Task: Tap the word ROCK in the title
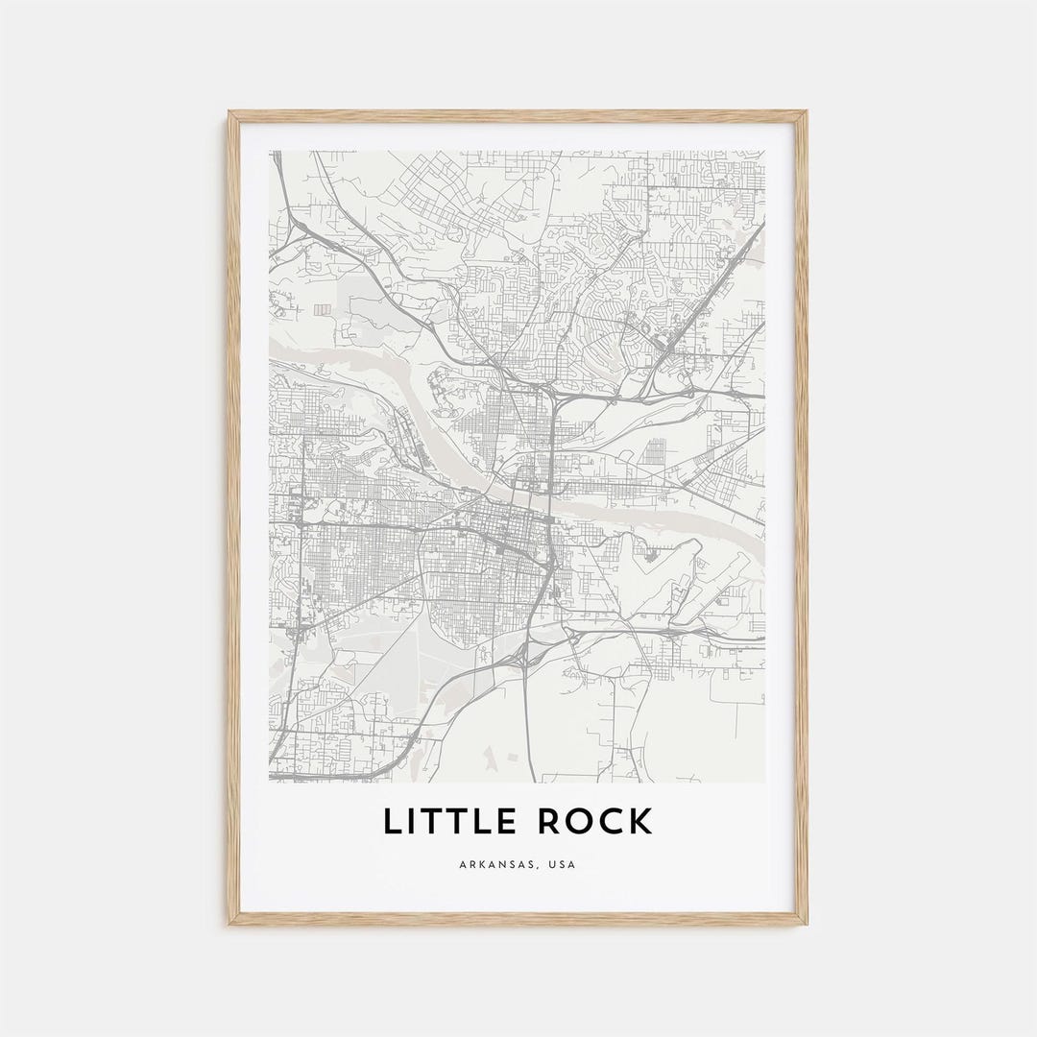tap(590, 822)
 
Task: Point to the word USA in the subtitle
tap(564, 865)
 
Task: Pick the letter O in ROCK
tap(572, 822)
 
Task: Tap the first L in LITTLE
tap(392, 822)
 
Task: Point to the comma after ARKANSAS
tap(541, 868)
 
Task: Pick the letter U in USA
tap(553, 865)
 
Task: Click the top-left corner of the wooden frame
tap(229, 112)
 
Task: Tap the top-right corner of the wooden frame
tap(807, 112)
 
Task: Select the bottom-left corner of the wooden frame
tap(229, 924)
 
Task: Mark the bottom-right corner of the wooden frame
tap(807, 924)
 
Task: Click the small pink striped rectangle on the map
tap(322, 308)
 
